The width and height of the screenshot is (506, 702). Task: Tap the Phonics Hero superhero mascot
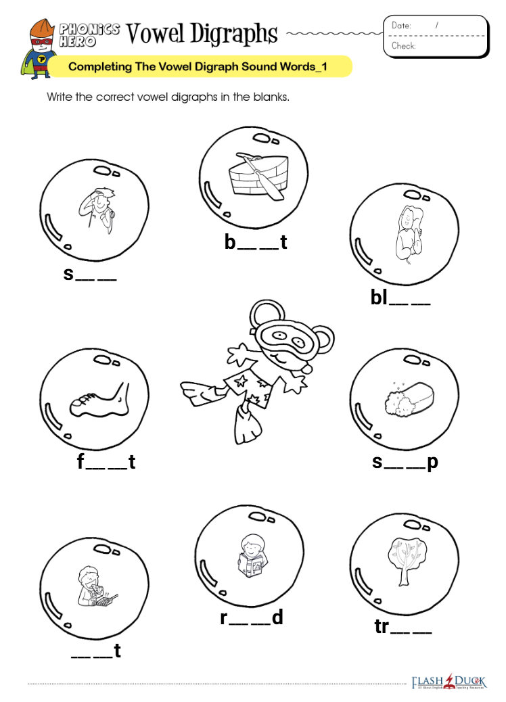38,49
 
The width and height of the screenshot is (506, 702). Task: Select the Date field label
401,26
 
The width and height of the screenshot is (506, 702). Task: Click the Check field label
403,46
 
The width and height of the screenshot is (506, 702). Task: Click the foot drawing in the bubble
99,400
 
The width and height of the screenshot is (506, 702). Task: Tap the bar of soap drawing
409,397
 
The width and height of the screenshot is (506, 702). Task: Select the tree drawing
407,561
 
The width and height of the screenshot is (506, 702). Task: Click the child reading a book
252,556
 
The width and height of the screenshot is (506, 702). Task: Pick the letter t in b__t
283,242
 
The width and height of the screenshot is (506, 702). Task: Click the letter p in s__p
432,463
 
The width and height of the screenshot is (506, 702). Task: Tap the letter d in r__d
277,617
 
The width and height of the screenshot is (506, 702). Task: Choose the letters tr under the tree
382,627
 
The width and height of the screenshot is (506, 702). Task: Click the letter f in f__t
80,462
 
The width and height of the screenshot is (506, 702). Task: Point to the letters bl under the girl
379,298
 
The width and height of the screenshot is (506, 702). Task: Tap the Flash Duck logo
448,682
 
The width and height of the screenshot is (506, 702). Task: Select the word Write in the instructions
60,97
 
